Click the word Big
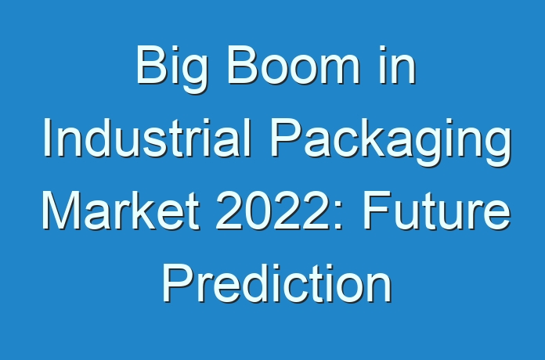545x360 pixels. pos(171,69)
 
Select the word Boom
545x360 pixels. pos(294,65)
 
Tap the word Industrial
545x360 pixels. pos(147,138)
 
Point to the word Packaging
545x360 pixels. pos(391,142)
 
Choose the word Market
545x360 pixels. pos(121,211)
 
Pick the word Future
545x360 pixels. pos(437,211)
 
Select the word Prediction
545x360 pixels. pos(277,283)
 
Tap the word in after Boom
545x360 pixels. pos(397,65)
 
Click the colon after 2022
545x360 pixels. pos(339,216)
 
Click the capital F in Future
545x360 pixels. pos(376,211)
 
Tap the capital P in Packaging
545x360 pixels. pos(286,138)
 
